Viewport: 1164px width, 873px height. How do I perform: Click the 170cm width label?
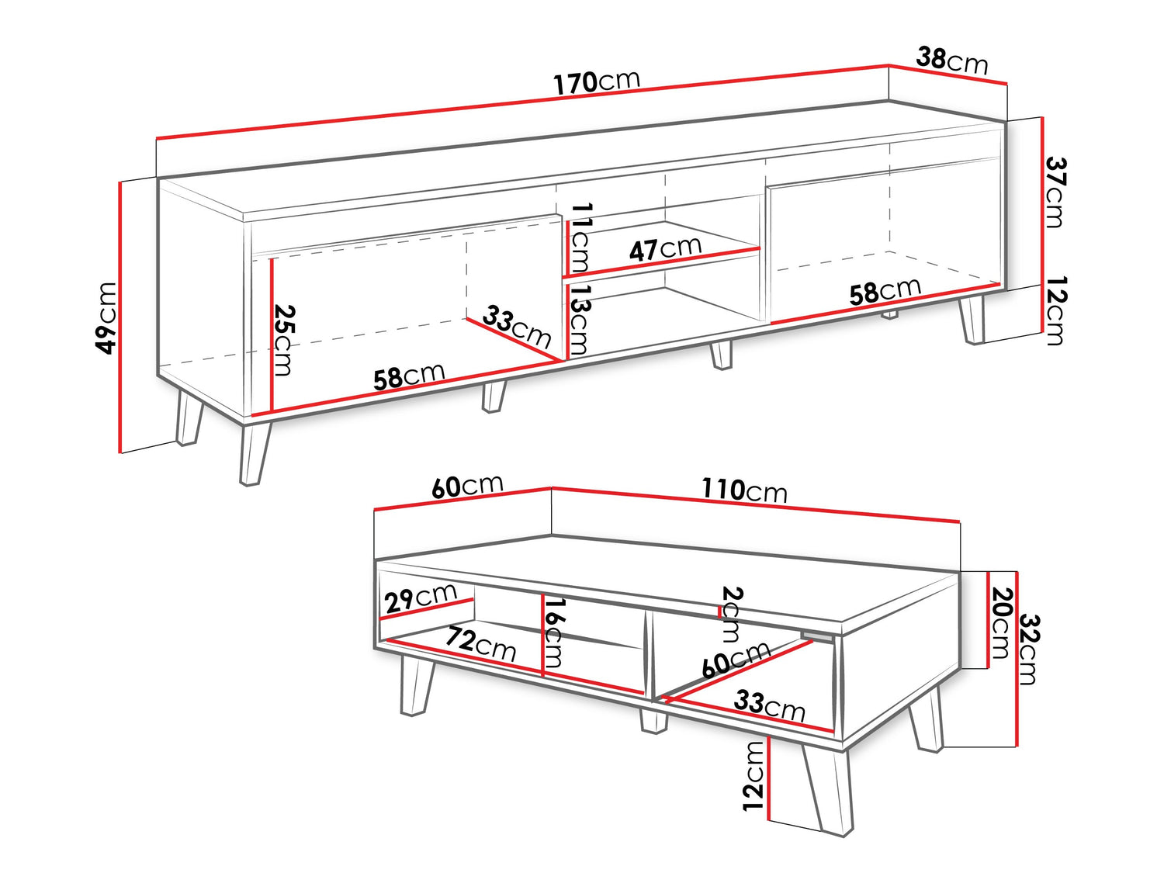pos(597,82)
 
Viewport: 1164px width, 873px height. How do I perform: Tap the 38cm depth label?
pos(952,61)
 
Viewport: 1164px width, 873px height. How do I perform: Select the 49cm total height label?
pos(106,318)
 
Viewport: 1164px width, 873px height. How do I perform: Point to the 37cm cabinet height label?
pos(1055,192)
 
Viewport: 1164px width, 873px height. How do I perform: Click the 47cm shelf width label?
pos(666,248)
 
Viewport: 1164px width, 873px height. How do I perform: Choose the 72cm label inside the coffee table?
pos(480,644)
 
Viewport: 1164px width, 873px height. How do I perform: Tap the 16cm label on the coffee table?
pos(553,633)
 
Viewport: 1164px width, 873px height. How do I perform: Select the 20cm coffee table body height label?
pos(1001,623)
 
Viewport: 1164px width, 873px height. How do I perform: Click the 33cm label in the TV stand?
pos(517,326)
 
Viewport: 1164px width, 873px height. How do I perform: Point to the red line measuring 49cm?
pos(121,317)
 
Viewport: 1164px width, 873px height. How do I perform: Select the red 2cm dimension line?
pos(720,613)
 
